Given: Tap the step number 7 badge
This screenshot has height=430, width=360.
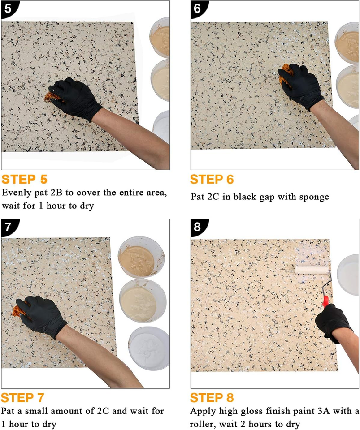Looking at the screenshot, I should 8,227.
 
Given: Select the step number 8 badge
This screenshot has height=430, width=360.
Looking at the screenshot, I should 197,227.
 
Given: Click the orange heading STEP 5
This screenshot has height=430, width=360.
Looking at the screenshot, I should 24,180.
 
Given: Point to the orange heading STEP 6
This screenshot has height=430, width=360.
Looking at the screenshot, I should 212,180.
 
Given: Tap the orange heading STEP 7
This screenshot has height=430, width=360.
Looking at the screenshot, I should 23,398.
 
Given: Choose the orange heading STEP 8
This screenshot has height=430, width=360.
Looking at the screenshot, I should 212,398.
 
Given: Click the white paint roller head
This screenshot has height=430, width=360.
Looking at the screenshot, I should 311,269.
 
